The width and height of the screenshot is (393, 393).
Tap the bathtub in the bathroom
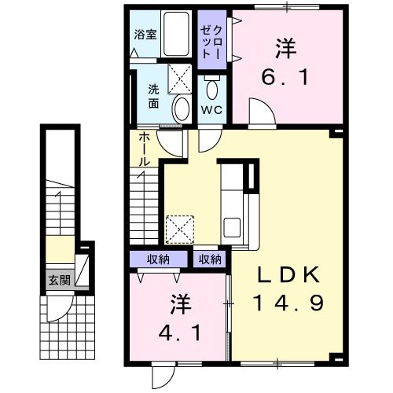tap(174, 35)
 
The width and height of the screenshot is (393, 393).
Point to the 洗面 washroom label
tap(153, 96)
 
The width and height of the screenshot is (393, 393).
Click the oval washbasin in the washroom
tap(179, 108)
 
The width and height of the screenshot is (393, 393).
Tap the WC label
tap(212, 109)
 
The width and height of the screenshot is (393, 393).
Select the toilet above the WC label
tap(211, 87)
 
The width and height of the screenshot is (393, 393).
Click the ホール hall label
tap(146, 149)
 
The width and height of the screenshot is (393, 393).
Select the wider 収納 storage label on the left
tap(160, 259)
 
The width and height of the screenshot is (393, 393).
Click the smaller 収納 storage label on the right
tap(210, 259)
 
